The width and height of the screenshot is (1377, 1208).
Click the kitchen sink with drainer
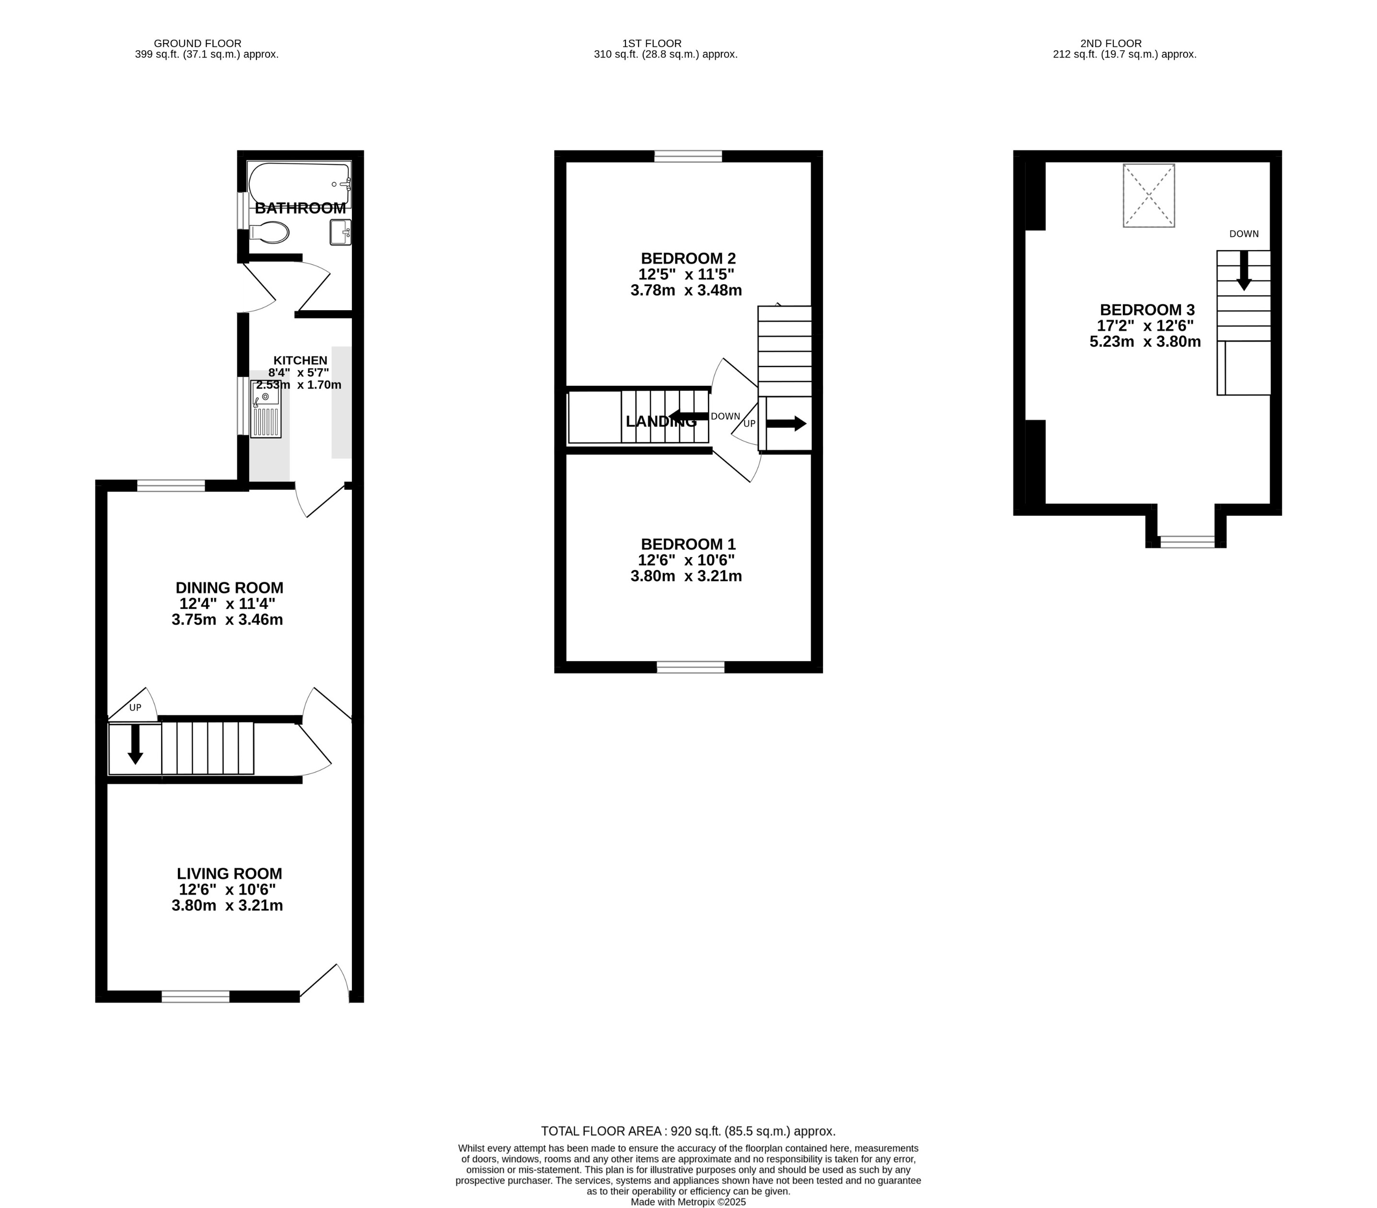[266, 409]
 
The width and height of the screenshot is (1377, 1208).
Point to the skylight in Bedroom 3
[1149, 196]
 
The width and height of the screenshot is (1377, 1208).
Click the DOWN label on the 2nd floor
[1244, 234]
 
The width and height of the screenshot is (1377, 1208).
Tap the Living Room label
[229, 874]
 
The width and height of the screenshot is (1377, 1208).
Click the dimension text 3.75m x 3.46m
[227, 620]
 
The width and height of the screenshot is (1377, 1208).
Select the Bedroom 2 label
[688, 258]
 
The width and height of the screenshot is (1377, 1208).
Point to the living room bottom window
[196, 997]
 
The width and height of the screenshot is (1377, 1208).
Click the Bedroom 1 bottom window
[691, 667]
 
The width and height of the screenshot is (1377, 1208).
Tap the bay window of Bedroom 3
[1187, 542]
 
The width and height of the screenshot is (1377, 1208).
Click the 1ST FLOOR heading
[651, 43]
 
